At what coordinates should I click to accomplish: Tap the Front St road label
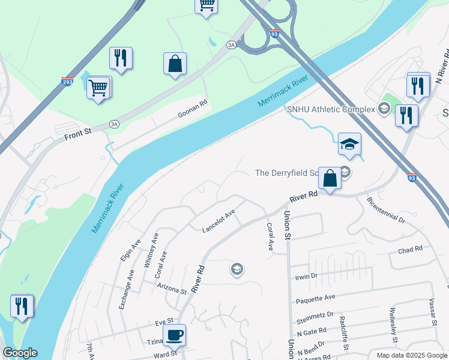pos(78,134)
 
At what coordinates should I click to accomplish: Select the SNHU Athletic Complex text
pos(330,109)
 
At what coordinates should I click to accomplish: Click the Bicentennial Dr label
pos(385,209)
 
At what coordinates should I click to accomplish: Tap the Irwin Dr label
pos(305,276)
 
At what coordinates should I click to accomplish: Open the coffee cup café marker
pos(175,335)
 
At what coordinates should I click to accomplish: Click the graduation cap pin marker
pos(349,144)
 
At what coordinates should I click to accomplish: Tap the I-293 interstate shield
pos(67,81)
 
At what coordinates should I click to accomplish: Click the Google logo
pos(19,353)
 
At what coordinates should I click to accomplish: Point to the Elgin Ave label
pos(126,250)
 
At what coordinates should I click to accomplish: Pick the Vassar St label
pos(432,312)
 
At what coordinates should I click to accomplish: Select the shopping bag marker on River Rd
pos(330,178)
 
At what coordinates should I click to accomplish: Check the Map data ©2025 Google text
pos(411,355)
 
